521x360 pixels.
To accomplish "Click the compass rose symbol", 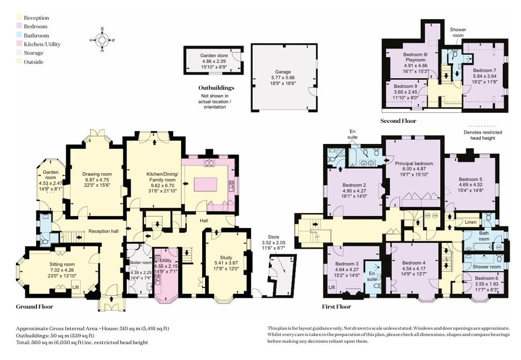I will [102, 40].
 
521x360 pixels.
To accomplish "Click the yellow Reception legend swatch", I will [20, 18].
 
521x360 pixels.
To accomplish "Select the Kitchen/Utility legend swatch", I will [20, 44].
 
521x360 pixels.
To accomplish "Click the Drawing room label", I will [97, 174].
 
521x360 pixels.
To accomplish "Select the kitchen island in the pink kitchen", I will [206, 184].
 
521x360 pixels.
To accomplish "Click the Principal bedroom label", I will [414, 164].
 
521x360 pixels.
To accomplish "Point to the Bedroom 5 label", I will [470, 179].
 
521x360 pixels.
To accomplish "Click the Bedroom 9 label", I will [406, 86].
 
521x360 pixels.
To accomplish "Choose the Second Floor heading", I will [398, 121].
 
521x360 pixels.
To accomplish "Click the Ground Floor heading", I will [34, 307].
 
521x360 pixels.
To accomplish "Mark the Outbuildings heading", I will [216, 88].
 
